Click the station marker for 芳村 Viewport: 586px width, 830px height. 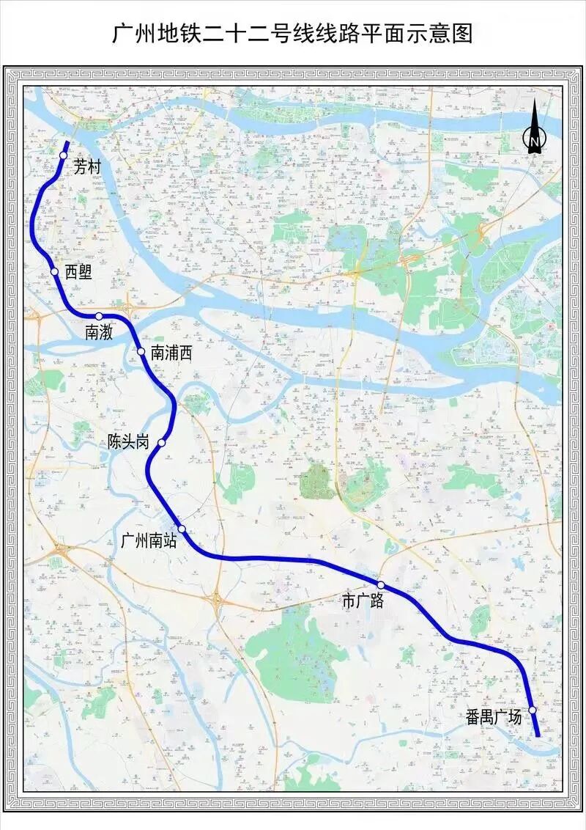click(64, 155)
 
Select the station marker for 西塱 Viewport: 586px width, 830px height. click(54, 272)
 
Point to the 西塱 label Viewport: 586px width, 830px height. click(78, 272)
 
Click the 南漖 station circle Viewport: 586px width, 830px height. click(98, 316)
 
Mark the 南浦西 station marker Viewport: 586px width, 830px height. click(141, 351)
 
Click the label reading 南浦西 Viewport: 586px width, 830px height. click(171, 353)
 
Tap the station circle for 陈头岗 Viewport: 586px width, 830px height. click(161, 443)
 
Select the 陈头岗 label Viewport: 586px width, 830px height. click(128, 442)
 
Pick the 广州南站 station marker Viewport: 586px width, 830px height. click(181, 529)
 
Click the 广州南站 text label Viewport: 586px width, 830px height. click(148, 543)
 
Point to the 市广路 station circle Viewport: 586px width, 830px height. click(381, 584)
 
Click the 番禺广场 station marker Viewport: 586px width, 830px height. click(533, 710)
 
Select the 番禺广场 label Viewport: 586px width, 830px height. click(494, 717)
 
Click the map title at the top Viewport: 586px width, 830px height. click(292, 34)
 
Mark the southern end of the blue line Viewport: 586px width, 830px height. click(538, 735)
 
